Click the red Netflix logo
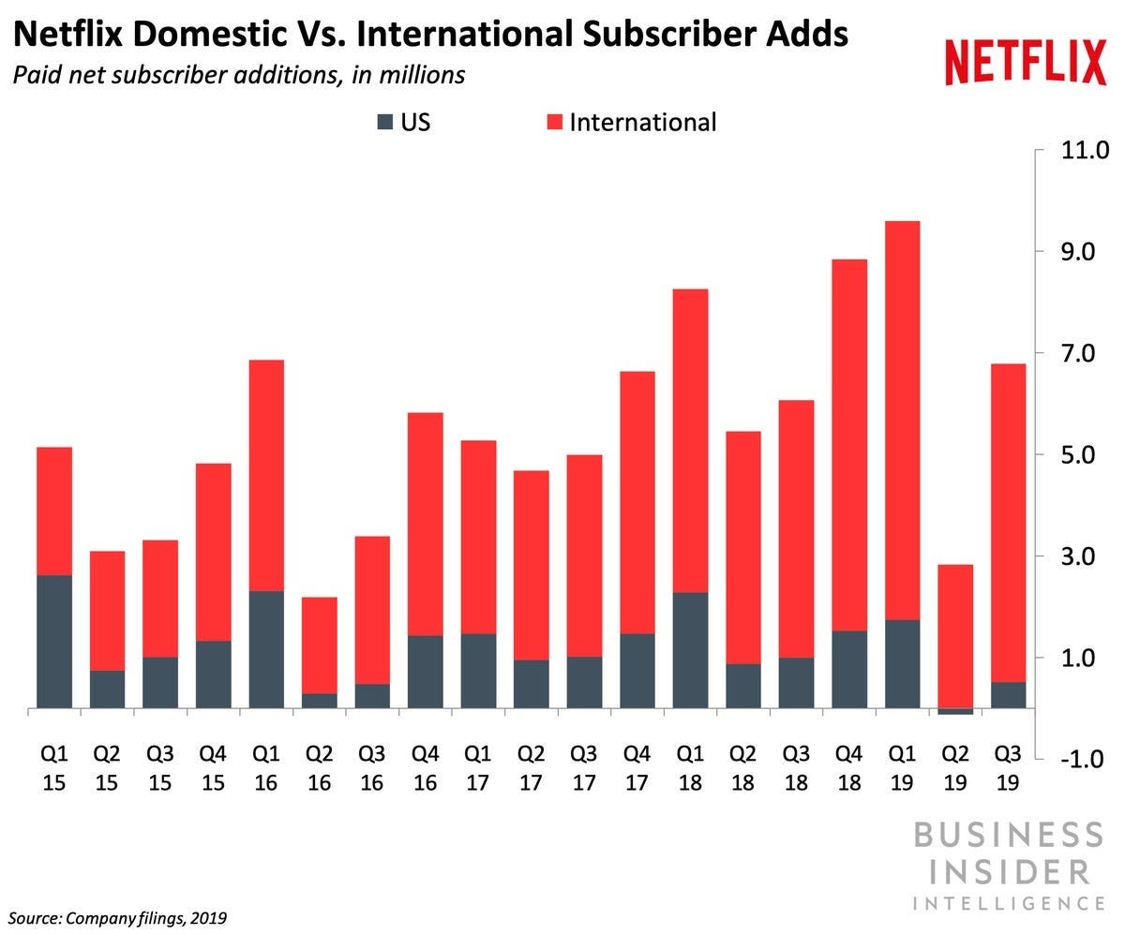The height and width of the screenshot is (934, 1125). click(1026, 64)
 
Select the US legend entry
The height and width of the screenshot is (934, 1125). click(403, 122)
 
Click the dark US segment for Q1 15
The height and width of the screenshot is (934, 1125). click(54, 641)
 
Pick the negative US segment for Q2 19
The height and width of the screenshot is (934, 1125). click(954, 711)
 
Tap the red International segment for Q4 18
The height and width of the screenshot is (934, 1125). click(848, 445)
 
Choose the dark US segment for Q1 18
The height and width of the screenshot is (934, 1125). click(690, 649)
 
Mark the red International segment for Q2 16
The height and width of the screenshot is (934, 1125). click(319, 645)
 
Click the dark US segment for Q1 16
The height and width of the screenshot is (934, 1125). click(266, 648)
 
